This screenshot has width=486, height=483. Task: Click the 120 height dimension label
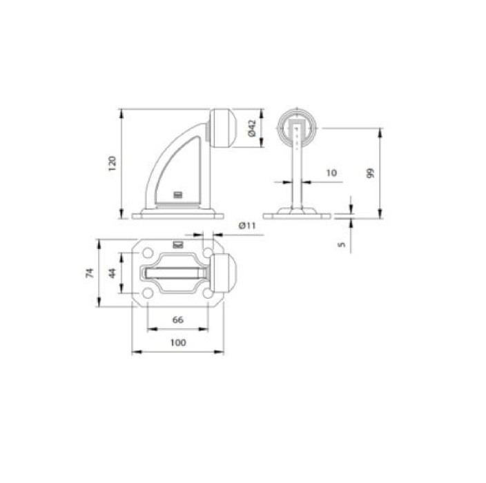pos(112,164)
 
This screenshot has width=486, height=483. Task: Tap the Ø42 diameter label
pos(252,128)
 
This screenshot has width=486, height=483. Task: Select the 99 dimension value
pos(370,173)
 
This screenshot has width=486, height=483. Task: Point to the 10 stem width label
pos(331,173)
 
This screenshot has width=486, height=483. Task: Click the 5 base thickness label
pos(341,244)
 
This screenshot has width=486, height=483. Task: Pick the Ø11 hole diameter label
pos(247,226)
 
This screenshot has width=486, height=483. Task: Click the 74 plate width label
pos(90,273)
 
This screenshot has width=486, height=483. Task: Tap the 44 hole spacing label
pos(113,273)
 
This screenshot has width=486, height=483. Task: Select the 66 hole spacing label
pos(177,319)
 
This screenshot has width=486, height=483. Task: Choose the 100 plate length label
pos(178,342)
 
